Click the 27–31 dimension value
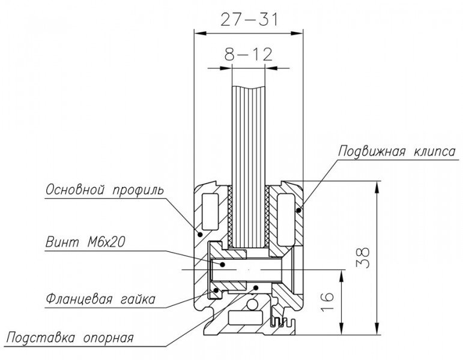pyautogui.click(x=249, y=19)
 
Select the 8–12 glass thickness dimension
pyautogui.click(x=249, y=54)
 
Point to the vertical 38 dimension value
pyautogui.click(x=365, y=257)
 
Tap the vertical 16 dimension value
pyautogui.click(x=328, y=302)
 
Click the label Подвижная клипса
pyautogui.click(x=397, y=151)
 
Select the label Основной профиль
pyautogui.click(x=104, y=190)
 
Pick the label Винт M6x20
pyautogui.click(x=85, y=242)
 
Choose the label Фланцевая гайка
pyautogui.click(x=100, y=299)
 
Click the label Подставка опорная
pyautogui.click(x=70, y=337)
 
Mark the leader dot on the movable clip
pyautogui.click(x=299, y=210)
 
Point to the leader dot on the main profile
pyautogui.click(x=199, y=235)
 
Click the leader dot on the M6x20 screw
pyautogui.click(x=223, y=264)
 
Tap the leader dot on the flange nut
pyautogui.click(x=216, y=290)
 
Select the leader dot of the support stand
pyautogui.click(x=256, y=287)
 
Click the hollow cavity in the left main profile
pyautogui.click(x=210, y=212)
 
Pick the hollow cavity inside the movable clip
pyautogui.click(x=286, y=220)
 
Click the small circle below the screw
pyautogui.click(x=252, y=305)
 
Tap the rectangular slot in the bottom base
pyautogui.click(x=245, y=318)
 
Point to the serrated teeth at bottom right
pyautogui.click(x=284, y=322)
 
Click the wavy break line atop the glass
pyautogui.click(x=249, y=88)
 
